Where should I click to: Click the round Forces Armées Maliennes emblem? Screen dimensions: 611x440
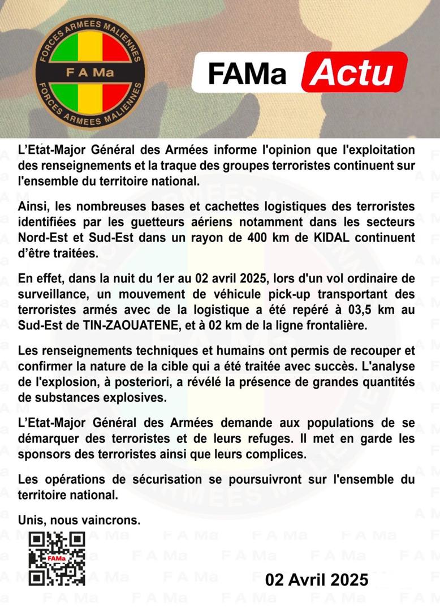coord(89,72)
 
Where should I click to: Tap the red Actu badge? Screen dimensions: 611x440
coord(355,72)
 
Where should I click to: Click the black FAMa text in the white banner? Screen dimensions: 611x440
coord(247,73)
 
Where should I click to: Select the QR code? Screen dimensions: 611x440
coord(57,559)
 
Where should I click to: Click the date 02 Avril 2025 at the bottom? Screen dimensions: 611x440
coord(317,579)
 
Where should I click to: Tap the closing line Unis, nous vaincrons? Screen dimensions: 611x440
coord(79,519)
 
